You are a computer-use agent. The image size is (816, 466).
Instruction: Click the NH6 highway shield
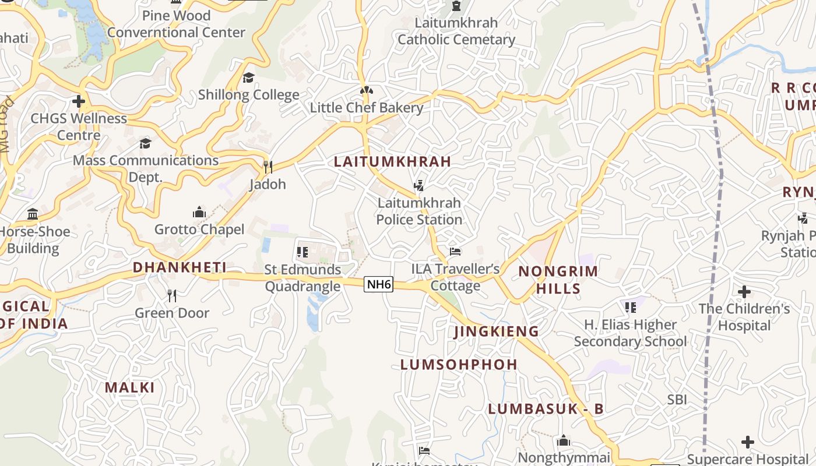(378, 284)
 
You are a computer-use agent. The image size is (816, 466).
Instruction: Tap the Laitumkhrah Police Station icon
(418, 186)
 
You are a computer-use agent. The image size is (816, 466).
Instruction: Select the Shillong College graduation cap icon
(249, 77)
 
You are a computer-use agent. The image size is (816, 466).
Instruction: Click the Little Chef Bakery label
(367, 108)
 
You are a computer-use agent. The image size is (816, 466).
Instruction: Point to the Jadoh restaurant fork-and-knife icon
(268, 167)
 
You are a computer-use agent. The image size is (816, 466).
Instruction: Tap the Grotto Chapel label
(199, 230)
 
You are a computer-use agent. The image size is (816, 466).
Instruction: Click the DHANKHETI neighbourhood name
(180, 267)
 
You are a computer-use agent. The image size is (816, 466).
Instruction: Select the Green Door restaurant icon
(172, 296)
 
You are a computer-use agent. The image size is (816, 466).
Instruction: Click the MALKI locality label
(130, 387)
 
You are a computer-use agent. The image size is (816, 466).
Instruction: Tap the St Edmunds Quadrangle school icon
(302, 252)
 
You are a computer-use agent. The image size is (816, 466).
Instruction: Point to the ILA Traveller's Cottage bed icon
(455, 252)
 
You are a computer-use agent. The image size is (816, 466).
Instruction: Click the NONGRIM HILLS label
(558, 280)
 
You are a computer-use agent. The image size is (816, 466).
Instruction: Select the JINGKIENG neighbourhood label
(496, 331)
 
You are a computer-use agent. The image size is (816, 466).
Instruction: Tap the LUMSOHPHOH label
(459, 365)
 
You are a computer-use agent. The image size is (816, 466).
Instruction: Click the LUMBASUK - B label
(546, 409)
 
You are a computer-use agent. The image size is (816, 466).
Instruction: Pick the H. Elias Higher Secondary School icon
(630, 307)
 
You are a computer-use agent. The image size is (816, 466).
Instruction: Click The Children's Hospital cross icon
(744, 291)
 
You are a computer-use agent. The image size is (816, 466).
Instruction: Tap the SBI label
(677, 400)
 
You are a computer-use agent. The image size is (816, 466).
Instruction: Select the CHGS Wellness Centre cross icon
(79, 102)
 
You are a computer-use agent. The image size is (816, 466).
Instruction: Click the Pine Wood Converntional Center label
(176, 24)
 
